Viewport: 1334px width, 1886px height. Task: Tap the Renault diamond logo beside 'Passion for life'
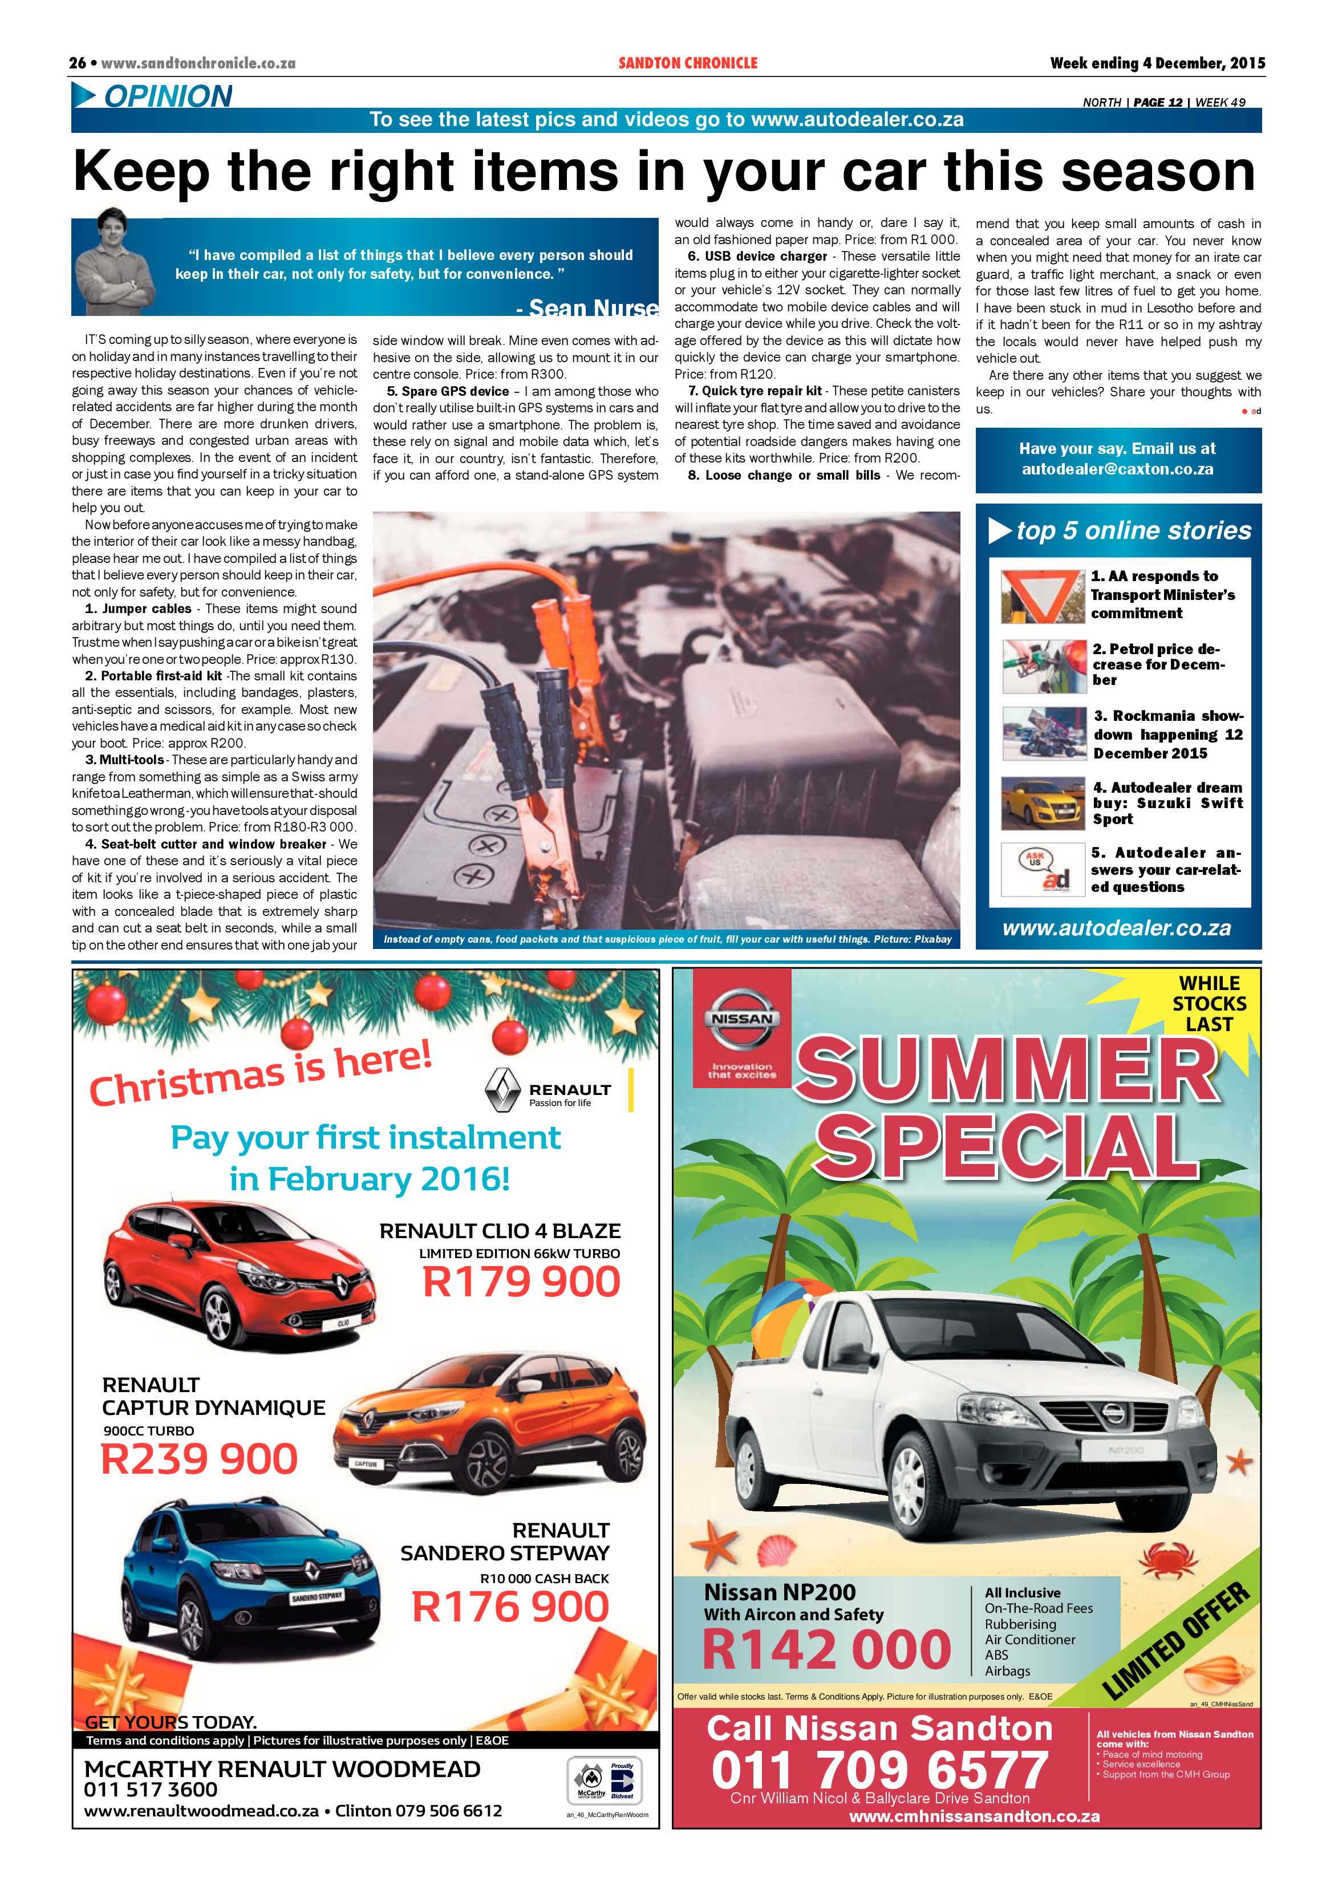pos(502,1090)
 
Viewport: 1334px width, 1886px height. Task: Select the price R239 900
pos(199,1459)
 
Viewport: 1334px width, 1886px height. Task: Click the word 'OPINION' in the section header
pos(168,96)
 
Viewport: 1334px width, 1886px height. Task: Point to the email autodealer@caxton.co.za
pos(1117,469)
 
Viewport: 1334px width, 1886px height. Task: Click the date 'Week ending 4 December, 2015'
pos(1157,63)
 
